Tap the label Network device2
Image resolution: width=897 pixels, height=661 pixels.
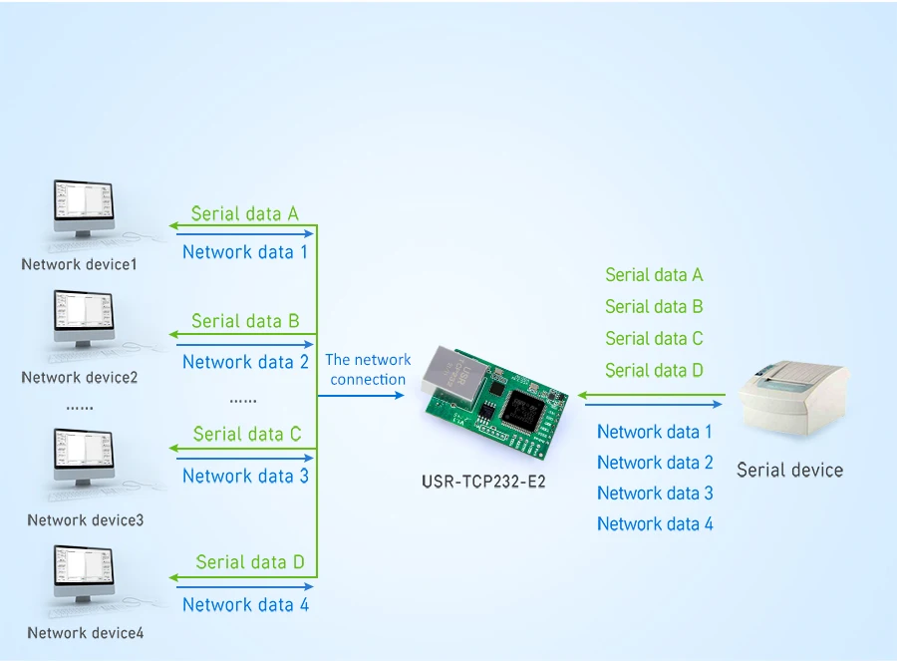80,378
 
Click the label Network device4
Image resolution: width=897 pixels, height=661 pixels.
86,633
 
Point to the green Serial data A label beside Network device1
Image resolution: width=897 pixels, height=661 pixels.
245,213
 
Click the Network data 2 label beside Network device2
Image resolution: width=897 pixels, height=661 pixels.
245,362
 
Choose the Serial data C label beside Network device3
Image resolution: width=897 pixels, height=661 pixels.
247,434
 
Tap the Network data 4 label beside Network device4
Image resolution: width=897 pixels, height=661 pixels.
245,604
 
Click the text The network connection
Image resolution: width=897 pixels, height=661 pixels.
368,369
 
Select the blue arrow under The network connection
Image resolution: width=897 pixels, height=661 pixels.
361,396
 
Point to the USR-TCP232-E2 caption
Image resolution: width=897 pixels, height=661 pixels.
483,482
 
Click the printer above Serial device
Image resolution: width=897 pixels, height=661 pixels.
793,397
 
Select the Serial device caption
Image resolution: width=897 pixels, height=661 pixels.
789,470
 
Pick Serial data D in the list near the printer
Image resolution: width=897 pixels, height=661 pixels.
654,370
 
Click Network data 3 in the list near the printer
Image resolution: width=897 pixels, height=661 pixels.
655,493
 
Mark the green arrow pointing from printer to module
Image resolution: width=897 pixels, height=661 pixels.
652,395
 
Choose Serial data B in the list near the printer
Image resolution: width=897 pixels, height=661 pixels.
654,306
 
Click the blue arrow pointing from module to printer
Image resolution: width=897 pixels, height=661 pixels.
653,404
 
